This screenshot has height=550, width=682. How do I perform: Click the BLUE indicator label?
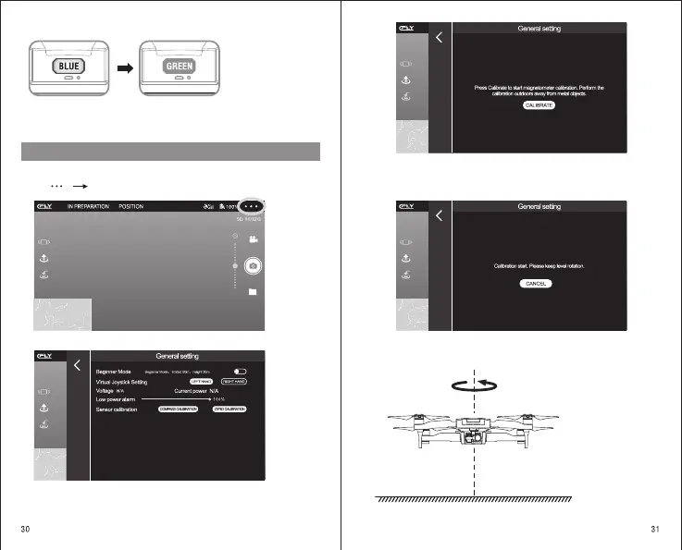tap(70, 67)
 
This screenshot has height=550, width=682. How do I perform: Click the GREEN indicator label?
tap(180, 67)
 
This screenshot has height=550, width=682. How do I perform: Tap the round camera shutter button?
tap(253, 265)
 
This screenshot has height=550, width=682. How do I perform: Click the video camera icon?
tap(253, 238)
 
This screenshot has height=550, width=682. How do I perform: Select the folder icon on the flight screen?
tap(253, 292)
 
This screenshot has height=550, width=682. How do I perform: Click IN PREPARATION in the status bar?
tap(88, 206)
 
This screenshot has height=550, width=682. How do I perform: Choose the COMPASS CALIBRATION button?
tap(179, 409)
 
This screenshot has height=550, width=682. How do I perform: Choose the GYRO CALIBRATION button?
tap(229, 409)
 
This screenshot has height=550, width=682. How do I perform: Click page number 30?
tap(28, 529)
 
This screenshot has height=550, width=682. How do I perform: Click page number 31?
tap(655, 529)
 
